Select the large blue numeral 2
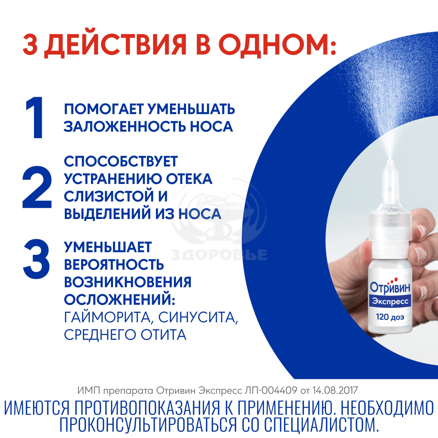[x=37, y=187]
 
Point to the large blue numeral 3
[x=37, y=259]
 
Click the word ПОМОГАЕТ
[x=104, y=109]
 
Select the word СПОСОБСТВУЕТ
[x=121, y=161]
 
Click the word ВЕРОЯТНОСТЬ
[x=114, y=265]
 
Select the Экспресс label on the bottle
[x=390, y=301]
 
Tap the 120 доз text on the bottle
[x=390, y=317]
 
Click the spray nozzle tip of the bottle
[x=390, y=161]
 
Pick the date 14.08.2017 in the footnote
[x=335, y=390]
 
